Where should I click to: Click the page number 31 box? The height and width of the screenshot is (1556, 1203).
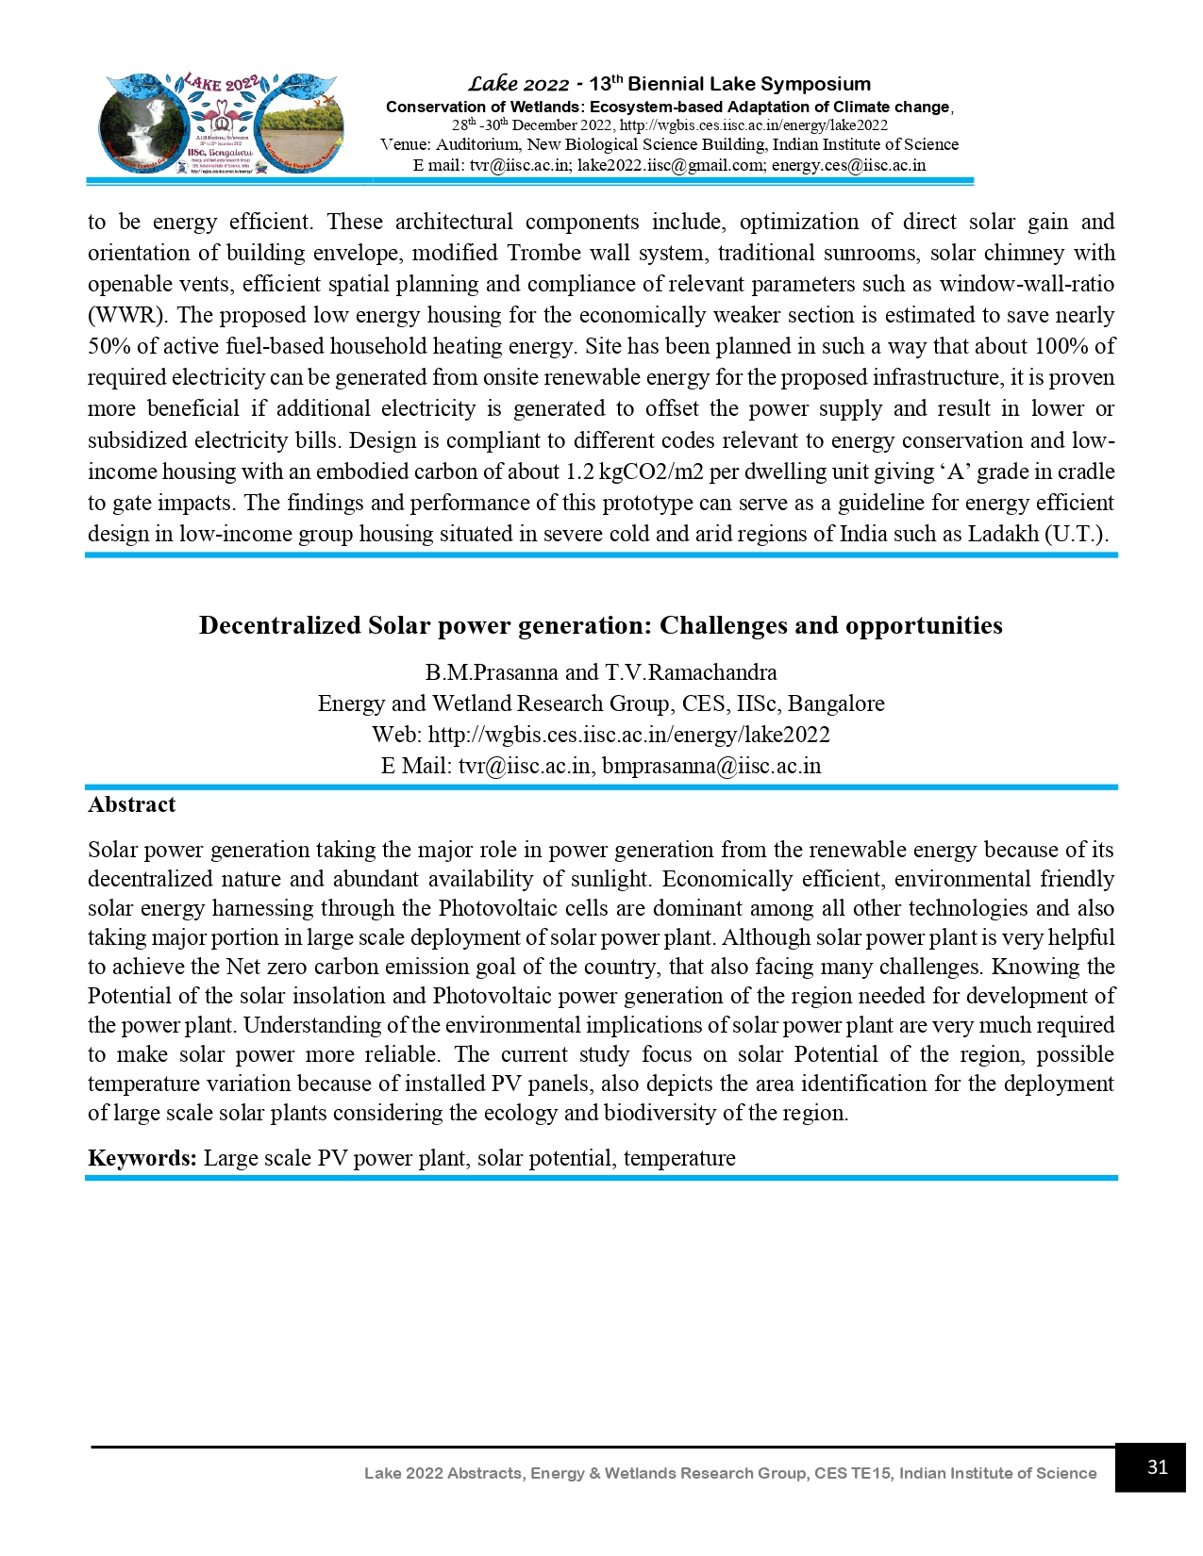1149,1467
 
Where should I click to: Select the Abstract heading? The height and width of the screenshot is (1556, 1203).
131,804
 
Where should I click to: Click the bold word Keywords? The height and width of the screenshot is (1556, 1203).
142,1158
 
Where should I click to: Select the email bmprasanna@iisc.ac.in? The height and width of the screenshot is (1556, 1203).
711,766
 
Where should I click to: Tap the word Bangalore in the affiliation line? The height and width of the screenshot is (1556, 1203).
836,704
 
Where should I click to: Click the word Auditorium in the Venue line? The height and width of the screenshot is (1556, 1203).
476,144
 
